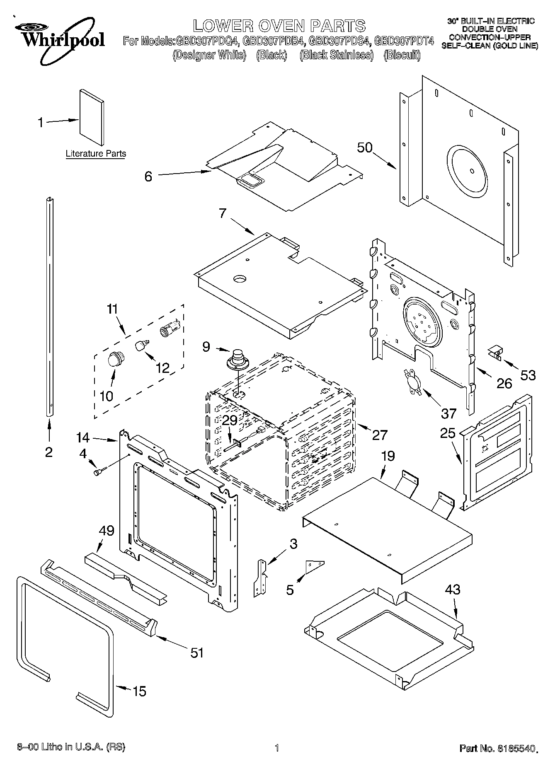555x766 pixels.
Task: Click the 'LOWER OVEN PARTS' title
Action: tap(279, 26)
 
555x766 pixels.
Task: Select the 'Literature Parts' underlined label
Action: tap(96, 154)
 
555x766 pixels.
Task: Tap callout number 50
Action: tap(365, 148)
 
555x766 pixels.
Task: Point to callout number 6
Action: tap(148, 176)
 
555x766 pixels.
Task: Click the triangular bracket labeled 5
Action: tap(315, 566)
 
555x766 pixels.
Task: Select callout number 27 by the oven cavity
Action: tap(379, 435)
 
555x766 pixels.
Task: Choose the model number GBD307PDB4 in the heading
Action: tap(274, 41)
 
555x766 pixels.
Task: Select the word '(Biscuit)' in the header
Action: tap(402, 55)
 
